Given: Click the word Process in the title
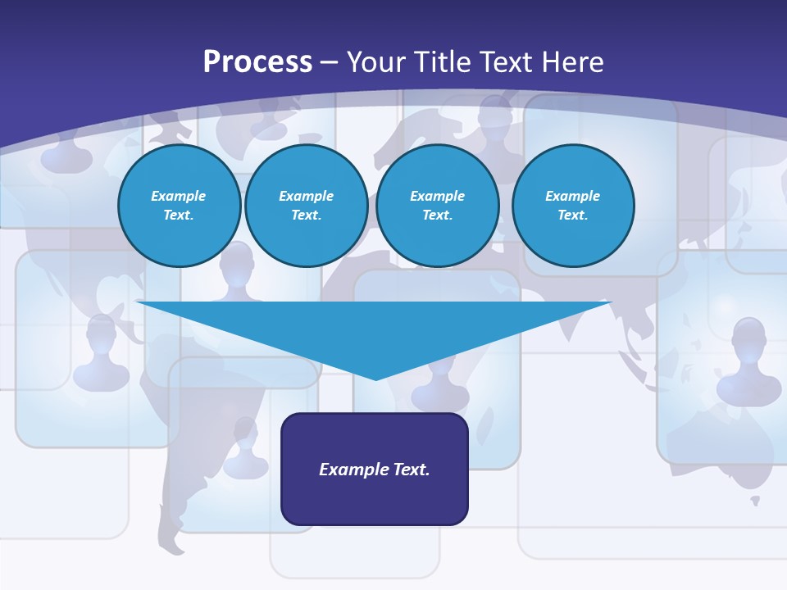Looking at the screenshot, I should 257,62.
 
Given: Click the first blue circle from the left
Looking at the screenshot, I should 179,206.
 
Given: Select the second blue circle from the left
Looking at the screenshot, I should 306,206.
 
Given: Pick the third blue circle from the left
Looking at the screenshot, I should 437,206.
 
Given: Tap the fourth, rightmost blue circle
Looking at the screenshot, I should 572,206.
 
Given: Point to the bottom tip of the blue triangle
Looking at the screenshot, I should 375,379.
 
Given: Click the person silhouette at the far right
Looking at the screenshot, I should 748,361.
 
